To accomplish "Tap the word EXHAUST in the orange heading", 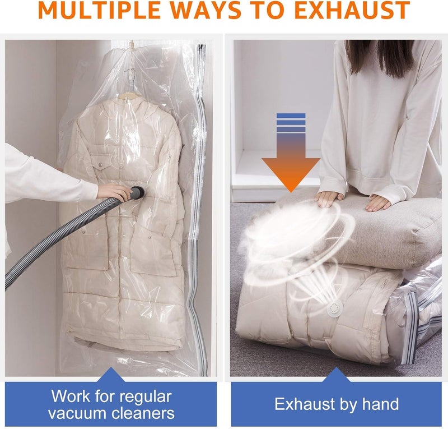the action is pos(352,10).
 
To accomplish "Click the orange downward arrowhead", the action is pos(291,172).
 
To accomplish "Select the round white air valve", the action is pos(334,308).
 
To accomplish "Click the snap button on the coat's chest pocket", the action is pos(100,164).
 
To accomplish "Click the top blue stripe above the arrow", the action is pos(291,116).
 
